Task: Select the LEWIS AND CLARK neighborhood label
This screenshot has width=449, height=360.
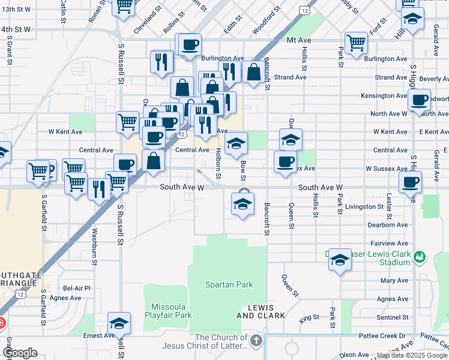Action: pyautogui.click(x=256, y=311)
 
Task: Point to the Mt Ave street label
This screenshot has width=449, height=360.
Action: pyautogui.click(x=299, y=40)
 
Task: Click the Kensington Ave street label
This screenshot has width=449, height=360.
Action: pyautogui.click(x=384, y=96)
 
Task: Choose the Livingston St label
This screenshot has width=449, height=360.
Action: pyautogui.click(x=363, y=206)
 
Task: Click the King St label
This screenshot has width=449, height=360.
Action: pyautogui.click(x=310, y=317)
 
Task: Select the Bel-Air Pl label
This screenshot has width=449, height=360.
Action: pyautogui.click(x=76, y=288)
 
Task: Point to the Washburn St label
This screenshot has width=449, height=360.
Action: pyautogui.click(x=95, y=245)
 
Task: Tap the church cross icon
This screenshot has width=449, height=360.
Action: pyautogui.click(x=256, y=341)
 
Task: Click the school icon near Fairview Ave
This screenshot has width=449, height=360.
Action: pyautogui.click(x=340, y=259)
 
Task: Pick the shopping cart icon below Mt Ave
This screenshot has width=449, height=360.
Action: pyautogui.click(x=356, y=43)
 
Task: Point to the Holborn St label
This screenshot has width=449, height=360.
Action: pyautogui.click(x=218, y=163)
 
